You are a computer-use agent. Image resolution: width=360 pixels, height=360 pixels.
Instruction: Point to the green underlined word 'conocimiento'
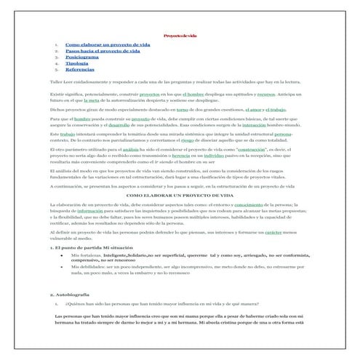tap(270, 207)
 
